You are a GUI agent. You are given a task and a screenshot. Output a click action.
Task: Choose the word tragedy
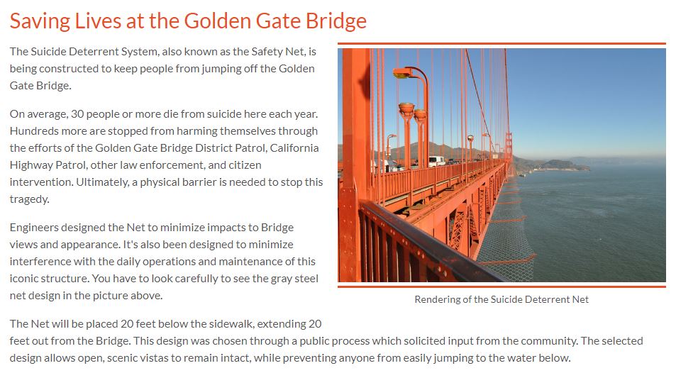[x=28, y=199]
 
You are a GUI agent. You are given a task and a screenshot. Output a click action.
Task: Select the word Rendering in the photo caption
[x=441, y=299]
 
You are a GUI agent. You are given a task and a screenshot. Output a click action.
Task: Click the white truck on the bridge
[x=436, y=161]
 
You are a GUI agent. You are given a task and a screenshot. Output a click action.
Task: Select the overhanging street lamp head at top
[x=402, y=72]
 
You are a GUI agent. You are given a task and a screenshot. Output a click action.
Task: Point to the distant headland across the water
[x=560, y=166]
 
